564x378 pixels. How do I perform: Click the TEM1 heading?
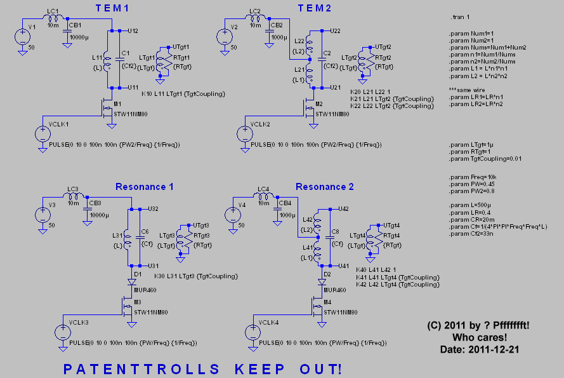[x=112, y=8]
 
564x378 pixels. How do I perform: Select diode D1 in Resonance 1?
[x=131, y=280]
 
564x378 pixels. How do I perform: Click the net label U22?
[x=335, y=30]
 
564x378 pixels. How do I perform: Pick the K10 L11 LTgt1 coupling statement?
[x=183, y=94]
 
